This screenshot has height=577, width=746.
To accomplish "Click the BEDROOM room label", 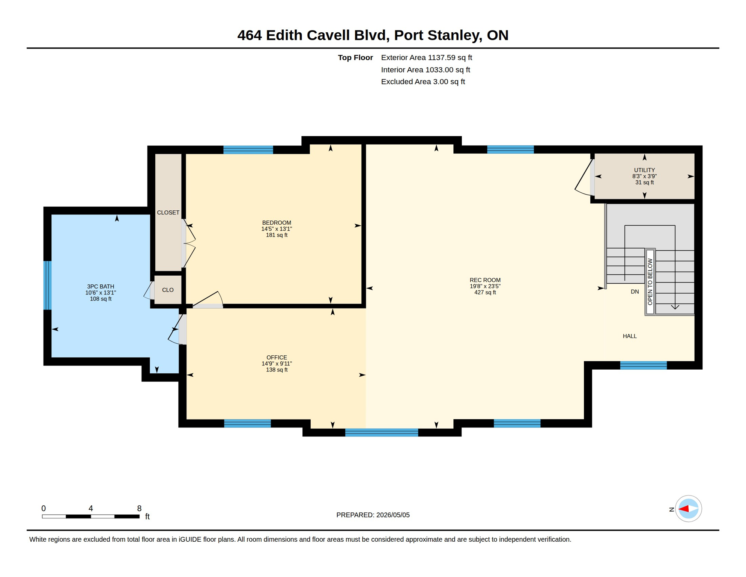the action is click(277, 223).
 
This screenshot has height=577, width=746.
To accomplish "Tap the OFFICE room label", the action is click(277, 358).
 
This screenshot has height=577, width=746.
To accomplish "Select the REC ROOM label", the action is click(485, 280).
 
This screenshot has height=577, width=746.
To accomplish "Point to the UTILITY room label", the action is click(644, 170).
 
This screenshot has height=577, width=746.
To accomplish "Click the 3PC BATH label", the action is click(101, 287).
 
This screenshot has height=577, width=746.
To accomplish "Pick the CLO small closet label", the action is click(168, 290).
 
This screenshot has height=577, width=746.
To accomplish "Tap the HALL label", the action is click(630, 336).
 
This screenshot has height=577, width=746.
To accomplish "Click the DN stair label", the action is click(635, 292).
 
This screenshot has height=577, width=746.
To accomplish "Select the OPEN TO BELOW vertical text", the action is click(650, 282).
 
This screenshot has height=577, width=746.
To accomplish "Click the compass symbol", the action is click(688, 509).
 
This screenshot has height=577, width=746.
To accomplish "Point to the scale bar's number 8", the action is click(139, 508).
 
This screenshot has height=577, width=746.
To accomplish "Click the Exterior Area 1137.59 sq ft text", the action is click(426, 57).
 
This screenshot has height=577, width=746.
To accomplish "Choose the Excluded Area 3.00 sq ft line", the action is click(423, 82).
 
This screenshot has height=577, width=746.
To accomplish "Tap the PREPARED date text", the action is click(373, 515).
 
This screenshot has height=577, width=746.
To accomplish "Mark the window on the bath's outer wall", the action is click(47, 285).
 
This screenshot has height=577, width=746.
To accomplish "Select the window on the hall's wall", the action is click(643, 366).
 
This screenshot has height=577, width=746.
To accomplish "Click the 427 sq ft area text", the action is click(485, 293).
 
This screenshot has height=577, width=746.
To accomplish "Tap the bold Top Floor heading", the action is click(355, 57).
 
